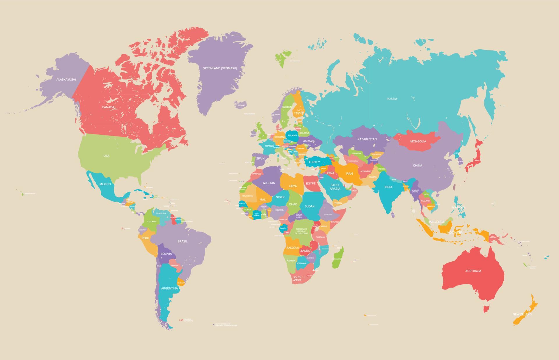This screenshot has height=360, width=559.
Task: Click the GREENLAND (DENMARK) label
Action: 220,68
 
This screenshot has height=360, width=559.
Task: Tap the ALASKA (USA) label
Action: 66,79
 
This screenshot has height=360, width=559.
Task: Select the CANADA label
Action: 108,107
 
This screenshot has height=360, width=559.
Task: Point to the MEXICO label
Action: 105,184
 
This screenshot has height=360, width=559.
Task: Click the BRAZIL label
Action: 183,241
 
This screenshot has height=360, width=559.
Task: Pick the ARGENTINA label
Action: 169,288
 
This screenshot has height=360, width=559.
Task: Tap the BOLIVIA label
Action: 166,254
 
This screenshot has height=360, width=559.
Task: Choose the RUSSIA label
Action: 392,99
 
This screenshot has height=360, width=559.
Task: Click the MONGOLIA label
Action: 418,141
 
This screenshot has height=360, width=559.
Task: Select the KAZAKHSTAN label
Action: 367,139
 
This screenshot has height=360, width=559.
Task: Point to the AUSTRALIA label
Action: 473,271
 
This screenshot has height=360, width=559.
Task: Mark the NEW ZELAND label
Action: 522,314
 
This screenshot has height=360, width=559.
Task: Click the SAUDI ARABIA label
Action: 335,187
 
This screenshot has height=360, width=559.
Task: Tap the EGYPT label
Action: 310,183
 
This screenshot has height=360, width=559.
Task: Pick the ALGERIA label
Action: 269,183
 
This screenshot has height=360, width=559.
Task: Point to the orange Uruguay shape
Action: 181,281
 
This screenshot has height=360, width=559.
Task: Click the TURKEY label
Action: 314,162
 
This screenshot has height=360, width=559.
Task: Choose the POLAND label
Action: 292,135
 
